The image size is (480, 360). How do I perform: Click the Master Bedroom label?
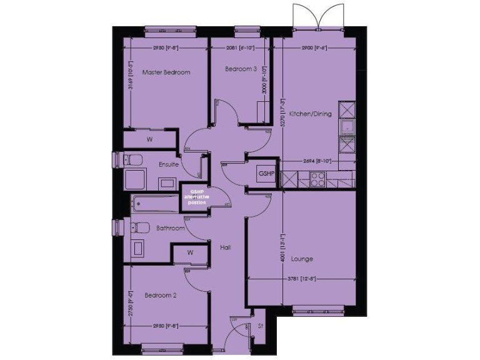click(x=166, y=72)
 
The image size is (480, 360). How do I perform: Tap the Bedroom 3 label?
click(x=241, y=69)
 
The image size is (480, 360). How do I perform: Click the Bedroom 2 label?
click(x=160, y=295)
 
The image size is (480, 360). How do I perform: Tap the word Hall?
click(x=226, y=247)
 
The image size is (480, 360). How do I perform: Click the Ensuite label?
click(x=169, y=165)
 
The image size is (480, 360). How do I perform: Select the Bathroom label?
click(x=171, y=229)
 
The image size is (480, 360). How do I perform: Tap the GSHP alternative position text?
click(x=197, y=197)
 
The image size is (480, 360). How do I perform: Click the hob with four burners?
click(x=317, y=180)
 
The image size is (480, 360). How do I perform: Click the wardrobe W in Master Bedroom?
click(x=149, y=139)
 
